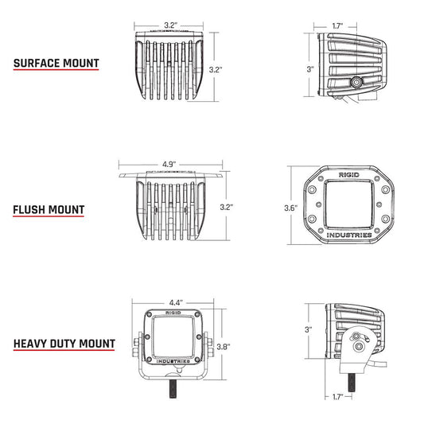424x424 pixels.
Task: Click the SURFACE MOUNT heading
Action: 56,63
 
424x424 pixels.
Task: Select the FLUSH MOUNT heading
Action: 49,210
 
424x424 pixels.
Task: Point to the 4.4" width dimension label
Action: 176,302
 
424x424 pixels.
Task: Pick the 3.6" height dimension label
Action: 291,208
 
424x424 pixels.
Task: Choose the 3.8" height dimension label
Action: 226,346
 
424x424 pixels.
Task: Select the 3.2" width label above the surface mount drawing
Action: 169,25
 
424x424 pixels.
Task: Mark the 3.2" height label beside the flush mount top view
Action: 228,206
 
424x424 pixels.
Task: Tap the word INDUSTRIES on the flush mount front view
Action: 348,235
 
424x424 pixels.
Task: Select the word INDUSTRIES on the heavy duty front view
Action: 173,362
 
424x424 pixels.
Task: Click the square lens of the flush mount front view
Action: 348,204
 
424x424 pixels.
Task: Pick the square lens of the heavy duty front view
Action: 173,335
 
